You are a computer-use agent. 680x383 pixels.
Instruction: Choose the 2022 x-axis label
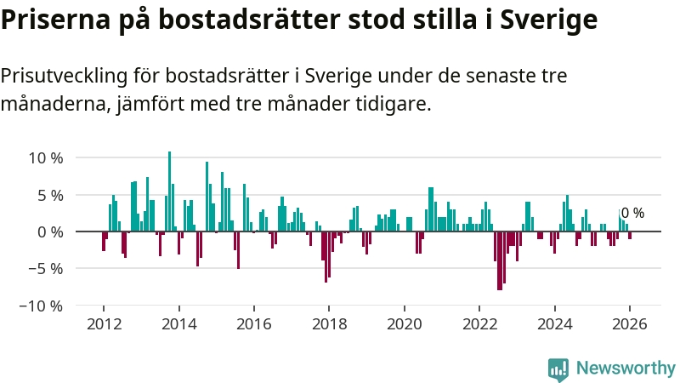point(479,324)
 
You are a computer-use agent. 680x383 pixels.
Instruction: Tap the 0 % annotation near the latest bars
point(633,214)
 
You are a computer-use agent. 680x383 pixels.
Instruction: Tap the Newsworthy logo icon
point(558,368)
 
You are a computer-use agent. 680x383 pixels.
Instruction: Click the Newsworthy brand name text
point(626,368)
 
